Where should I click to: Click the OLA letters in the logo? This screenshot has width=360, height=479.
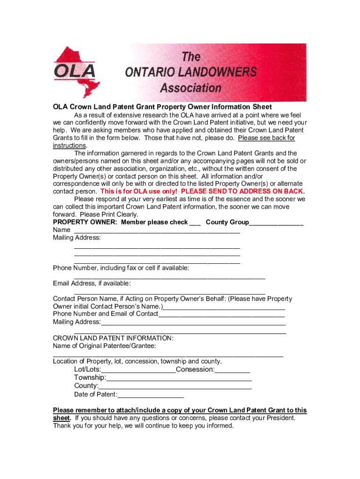(75, 72)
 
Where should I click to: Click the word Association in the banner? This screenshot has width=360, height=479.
(190, 88)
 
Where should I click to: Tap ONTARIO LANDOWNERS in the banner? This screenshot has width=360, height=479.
(191, 72)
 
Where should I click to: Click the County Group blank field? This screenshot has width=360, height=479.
(276, 224)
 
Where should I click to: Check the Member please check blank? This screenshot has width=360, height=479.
(195, 224)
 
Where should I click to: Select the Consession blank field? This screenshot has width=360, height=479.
(232, 371)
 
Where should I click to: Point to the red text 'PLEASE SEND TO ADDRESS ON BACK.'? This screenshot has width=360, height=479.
(243, 192)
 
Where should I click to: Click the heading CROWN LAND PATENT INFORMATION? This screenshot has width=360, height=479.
(113, 338)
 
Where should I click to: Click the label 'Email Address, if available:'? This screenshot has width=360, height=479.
(92, 283)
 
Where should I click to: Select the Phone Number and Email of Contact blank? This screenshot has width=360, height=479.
(222, 315)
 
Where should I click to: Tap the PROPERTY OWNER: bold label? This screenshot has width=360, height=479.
(86, 223)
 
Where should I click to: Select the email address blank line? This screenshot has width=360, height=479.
(169, 292)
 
